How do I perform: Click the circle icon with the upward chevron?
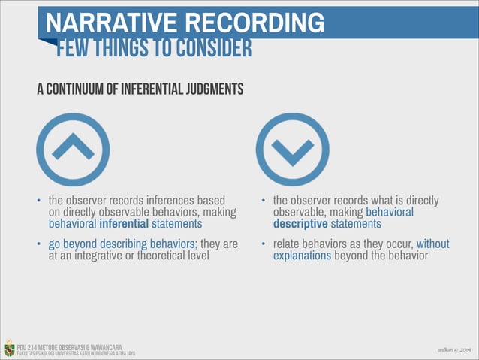tap(73, 149)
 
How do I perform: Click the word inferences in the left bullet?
tap(166, 201)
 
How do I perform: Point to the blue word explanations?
tap(302, 256)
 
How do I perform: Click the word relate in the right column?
tap(287, 244)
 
